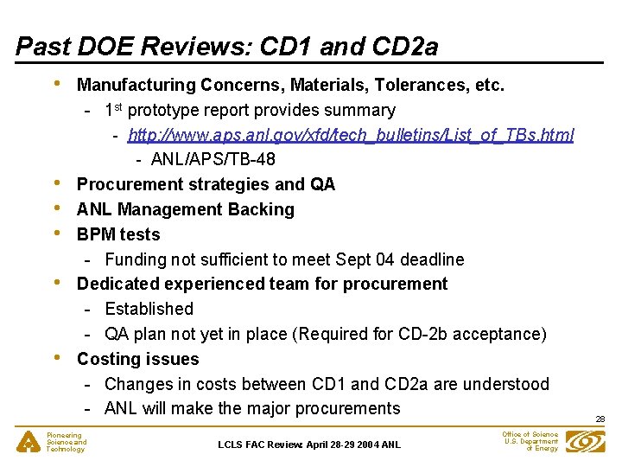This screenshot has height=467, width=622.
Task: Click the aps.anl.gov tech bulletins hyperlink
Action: point(351,135)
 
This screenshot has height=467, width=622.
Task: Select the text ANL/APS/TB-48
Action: point(213,159)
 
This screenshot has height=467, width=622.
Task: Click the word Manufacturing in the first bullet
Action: point(136,85)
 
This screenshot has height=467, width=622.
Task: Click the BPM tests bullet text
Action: point(118,234)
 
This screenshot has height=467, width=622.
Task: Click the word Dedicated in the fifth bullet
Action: point(115,284)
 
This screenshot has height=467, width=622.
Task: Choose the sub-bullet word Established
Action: point(149,309)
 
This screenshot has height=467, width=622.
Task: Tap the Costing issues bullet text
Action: point(137,359)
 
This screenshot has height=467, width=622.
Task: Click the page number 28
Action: point(600,419)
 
